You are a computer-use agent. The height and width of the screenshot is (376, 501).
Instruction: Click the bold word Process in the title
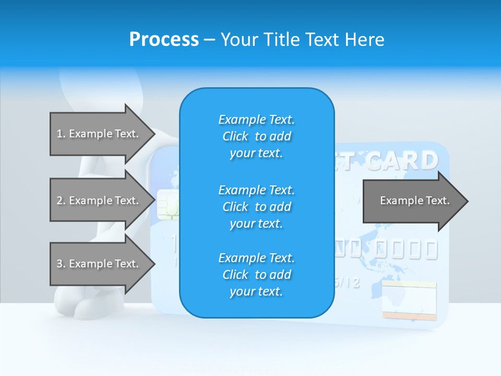click(164, 40)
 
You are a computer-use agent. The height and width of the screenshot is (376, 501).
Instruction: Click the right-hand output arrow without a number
click(414, 201)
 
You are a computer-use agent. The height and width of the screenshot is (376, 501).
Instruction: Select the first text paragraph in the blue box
click(256, 136)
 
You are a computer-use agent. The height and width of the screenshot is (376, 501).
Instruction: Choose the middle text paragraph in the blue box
click(256, 207)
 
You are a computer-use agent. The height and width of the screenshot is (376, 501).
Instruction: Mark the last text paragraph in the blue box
click(256, 275)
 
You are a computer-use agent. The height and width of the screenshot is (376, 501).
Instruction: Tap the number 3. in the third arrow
click(61, 264)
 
